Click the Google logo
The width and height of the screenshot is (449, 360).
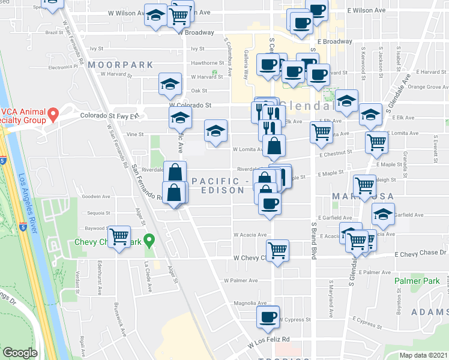tap(20, 353)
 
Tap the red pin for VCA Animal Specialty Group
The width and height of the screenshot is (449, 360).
tap(53, 113)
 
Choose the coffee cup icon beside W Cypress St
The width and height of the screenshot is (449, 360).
tap(268, 316)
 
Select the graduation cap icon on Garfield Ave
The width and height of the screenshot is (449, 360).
tap(383, 214)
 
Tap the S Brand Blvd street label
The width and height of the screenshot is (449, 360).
tap(313, 241)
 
